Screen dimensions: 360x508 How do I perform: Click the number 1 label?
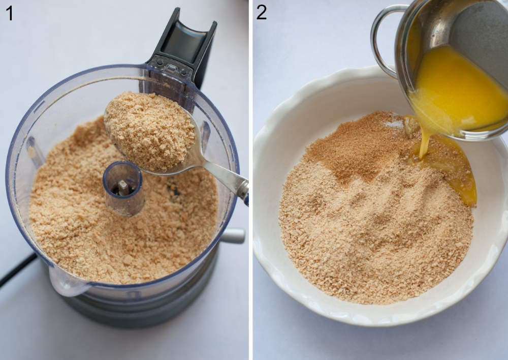click(9, 12)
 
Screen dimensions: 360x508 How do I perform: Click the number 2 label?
click(261, 12)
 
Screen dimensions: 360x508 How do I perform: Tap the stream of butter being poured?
click(424, 140)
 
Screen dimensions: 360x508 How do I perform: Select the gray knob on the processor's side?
click(233, 235)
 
